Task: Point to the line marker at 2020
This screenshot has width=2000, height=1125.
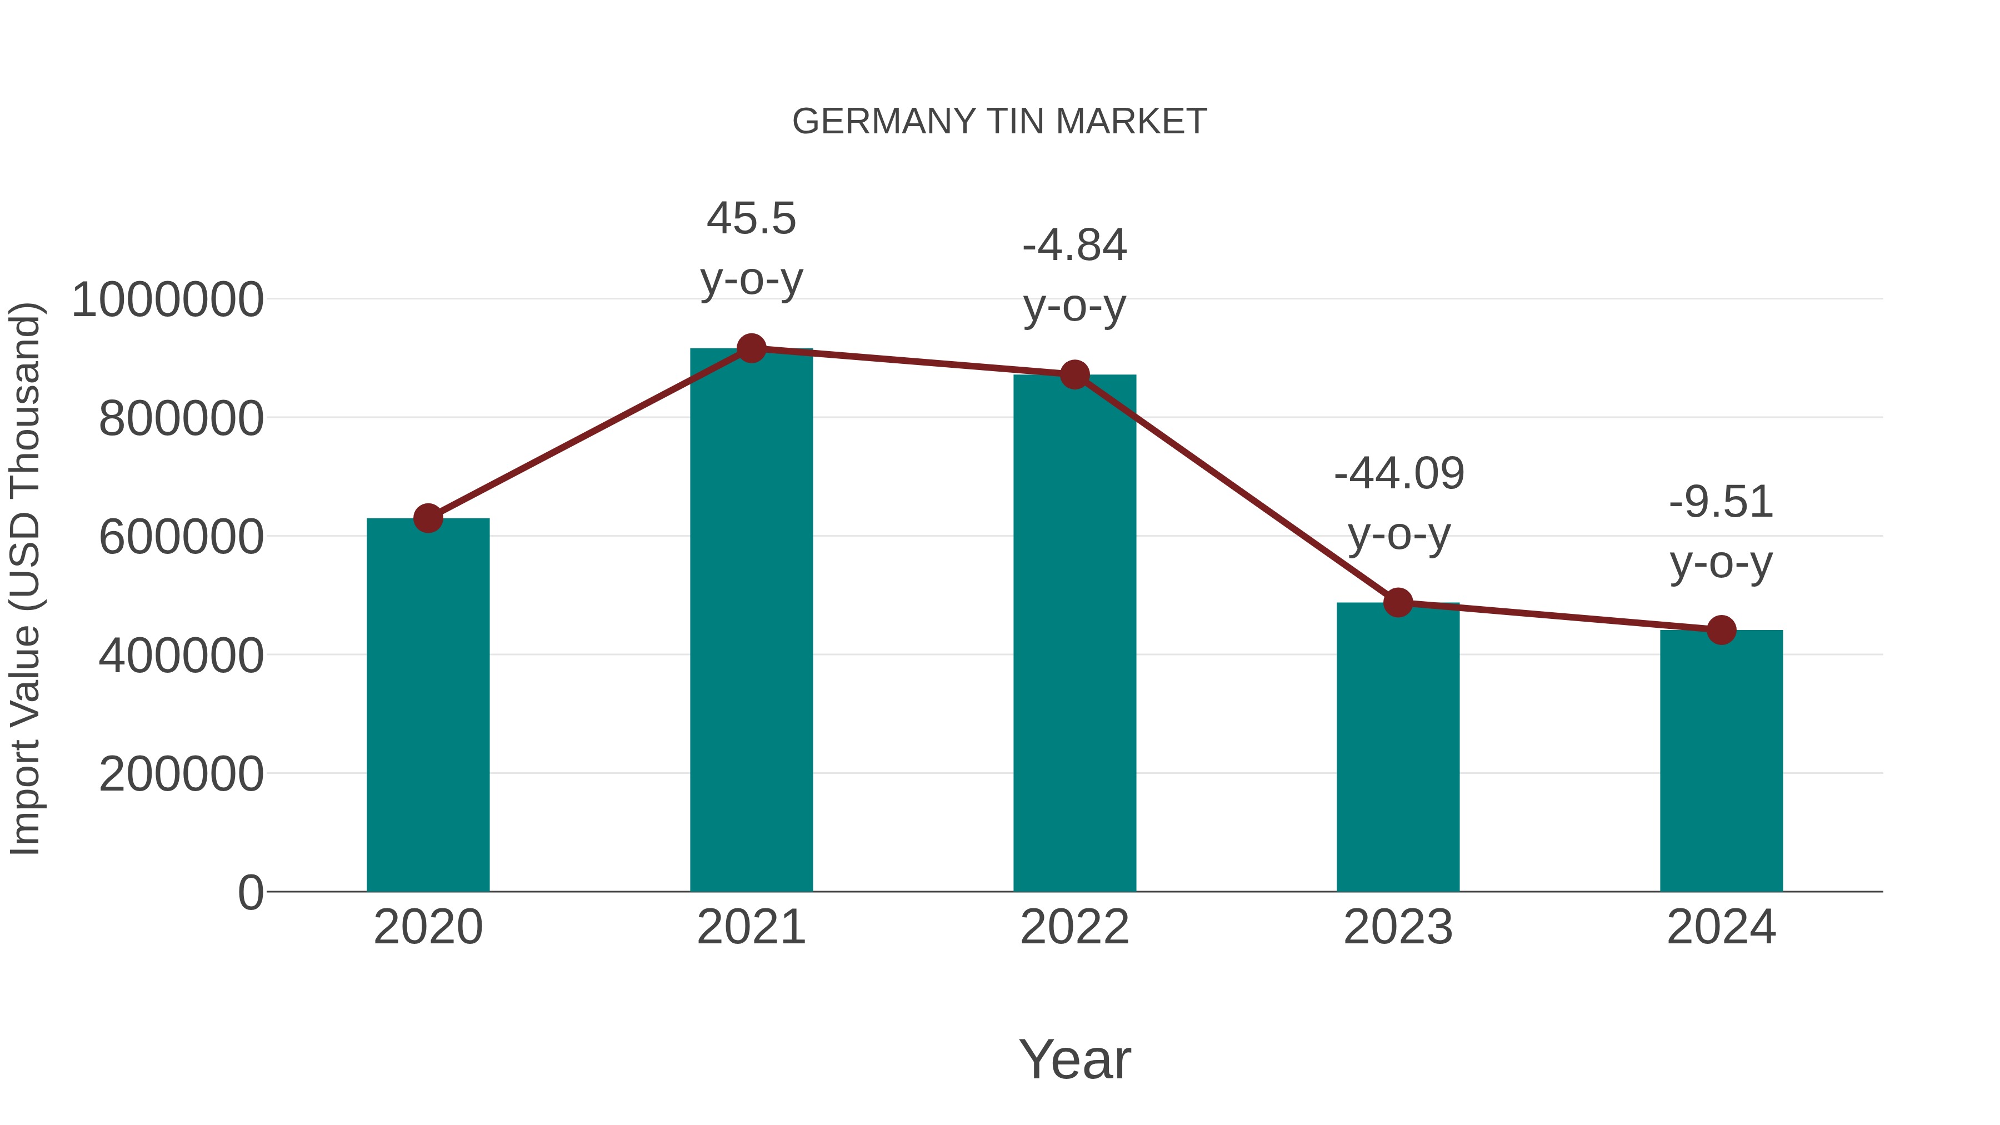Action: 428,518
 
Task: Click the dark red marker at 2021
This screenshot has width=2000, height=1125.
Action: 751,348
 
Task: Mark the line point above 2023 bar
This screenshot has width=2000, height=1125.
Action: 1398,602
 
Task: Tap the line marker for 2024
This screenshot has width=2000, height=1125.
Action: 1721,629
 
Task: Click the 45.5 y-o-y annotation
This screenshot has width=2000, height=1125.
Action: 751,248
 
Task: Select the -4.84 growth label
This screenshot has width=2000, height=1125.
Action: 1074,275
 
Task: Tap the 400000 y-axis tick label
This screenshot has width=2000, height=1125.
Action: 181,656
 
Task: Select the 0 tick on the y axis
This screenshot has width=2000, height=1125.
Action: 250,892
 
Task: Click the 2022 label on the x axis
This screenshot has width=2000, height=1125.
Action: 1074,927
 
